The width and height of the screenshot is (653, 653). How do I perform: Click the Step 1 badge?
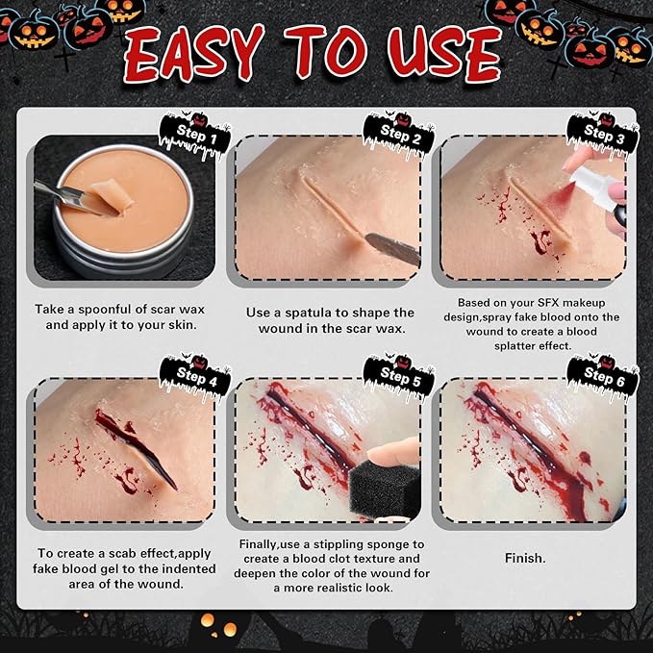(196, 136)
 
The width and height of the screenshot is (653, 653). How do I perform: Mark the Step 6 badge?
(604, 376)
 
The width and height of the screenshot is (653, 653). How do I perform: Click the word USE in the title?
(447, 56)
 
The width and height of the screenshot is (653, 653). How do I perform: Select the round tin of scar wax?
(120, 212)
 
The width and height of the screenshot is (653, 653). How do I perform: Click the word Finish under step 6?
(525, 557)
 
